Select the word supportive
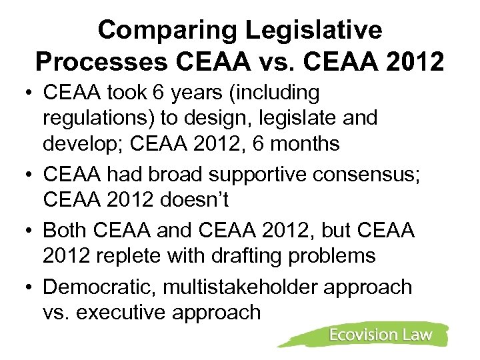coord(250,175)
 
